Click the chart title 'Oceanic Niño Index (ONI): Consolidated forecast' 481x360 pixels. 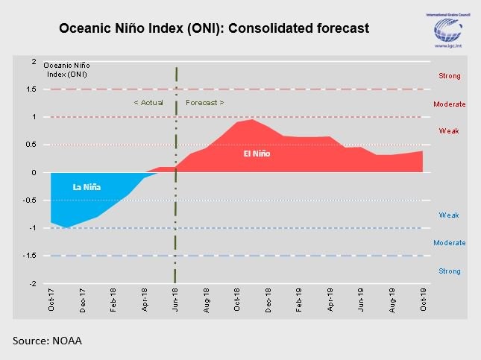pyautogui.click(x=215, y=28)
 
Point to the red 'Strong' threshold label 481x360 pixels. pyautogui.click(x=449, y=76)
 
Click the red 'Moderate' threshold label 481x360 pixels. pyautogui.click(x=449, y=104)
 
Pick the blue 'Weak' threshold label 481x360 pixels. pyautogui.click(x=449, y=215)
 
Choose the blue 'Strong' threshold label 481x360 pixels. pyautogui.click(x=449, y=271)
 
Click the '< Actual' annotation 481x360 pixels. pyautogui.click(x=148, y=102)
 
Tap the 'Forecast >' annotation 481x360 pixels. pyautogui.click(x=204, y=102)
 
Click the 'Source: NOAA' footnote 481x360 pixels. pyautogui.click(x=47, y=341)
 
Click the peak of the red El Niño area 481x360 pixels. pyautogui.click(x=253, y=119)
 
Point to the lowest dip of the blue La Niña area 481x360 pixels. pyautogui.click(x=67, y=228)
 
